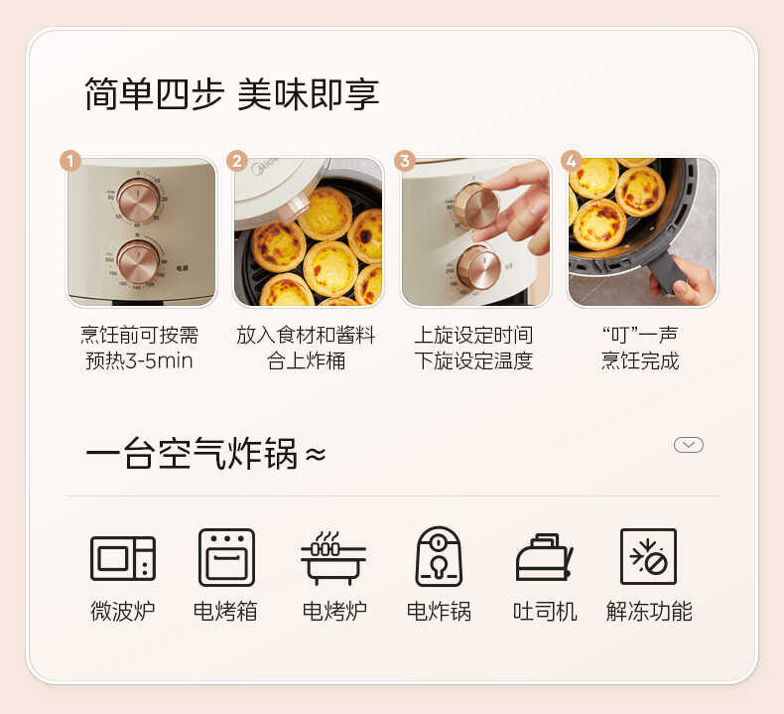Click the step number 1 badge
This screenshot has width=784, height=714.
[69, 161]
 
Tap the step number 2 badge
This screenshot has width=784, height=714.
[236, 161]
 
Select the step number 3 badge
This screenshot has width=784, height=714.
[403, 161]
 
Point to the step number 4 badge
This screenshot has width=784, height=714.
[570, 161]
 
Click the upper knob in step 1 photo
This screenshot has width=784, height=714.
[138, 201]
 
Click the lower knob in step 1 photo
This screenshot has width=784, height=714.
[138, 261]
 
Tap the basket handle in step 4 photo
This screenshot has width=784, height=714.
[667, 271]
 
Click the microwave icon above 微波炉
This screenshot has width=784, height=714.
[123, 557]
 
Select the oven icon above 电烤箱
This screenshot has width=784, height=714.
[226, 557]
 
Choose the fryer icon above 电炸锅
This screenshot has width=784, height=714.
[439, 557]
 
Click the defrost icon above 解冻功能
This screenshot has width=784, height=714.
[648, 557]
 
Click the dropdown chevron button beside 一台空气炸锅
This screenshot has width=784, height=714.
[689, 445]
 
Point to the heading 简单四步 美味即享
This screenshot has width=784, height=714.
[232, 94]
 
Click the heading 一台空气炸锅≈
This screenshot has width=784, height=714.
[204, 455]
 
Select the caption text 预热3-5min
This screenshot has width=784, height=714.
[139, 360]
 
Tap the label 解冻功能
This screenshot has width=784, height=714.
[649, 611]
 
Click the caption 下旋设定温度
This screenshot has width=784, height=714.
[473, 360]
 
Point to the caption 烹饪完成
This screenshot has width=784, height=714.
[640, 360]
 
